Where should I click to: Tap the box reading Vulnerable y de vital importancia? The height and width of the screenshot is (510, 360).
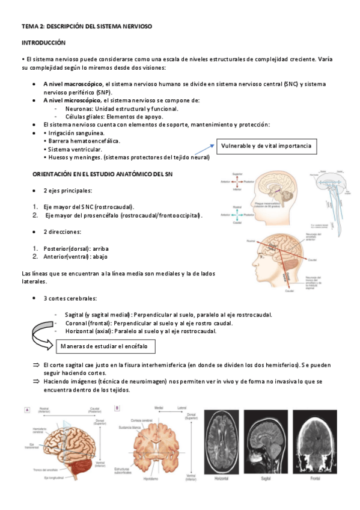click(x=266, y=147)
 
